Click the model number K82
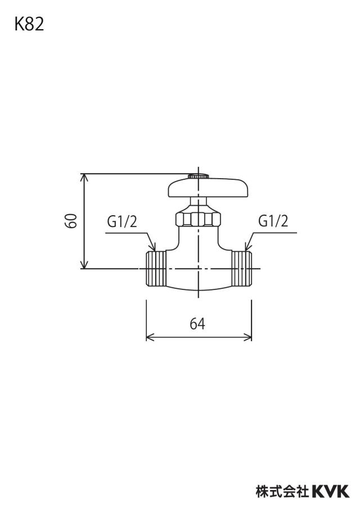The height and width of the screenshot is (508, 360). pyautogui.click(x=29, y=25)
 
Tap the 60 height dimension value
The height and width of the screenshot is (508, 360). pyautogui.click(x=71, y=221)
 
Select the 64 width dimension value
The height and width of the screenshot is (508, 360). pyautogui.click(x=197, y=323)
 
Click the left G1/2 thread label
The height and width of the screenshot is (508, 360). pyautogui.click(x=122, y=222)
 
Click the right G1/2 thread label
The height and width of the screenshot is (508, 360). pyautogui.click(x=273, y=221)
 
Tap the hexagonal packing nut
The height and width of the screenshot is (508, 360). pyautogui.click(x=198, y=219)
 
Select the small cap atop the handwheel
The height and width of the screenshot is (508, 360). pyautogui.click(x=198, y=176)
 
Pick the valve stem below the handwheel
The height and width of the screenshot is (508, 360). pyautogui.click(x=198, y=205)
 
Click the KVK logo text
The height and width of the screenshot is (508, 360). pyautogui.click(x=331, y=491)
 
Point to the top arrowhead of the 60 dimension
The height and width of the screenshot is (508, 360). pyautogui.click(x=84, y=177)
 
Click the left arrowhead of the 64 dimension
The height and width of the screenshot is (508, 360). pyautogui.click(x=150, y=338)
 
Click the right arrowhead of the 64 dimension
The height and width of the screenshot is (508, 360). pyautogui.click(x=248, y=338)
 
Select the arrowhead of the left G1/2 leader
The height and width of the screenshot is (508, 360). pyautogui.click(x=152, y=247)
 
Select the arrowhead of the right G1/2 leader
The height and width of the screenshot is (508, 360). pyautogui.click(x=248, y=247)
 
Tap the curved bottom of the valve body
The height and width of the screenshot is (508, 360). pyautogui.click(x=198, y=289)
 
